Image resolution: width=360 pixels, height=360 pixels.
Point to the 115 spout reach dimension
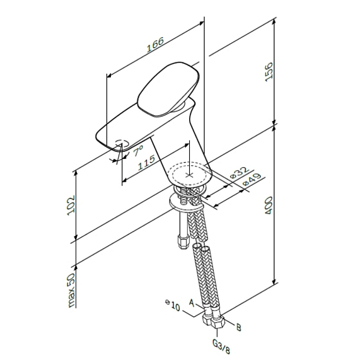(146, 163)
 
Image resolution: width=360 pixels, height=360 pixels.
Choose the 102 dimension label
(70, 206)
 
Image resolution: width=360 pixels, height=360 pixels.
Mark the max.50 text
(70, 291)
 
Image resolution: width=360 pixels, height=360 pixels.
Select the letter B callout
(238, 327)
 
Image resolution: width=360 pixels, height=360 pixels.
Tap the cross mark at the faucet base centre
(190, 173)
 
